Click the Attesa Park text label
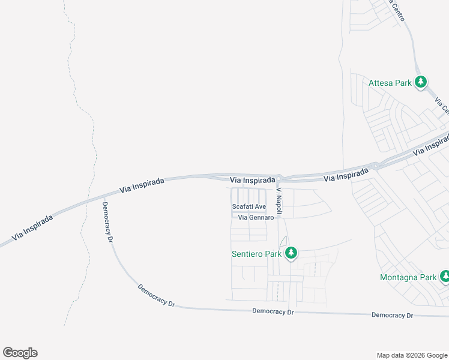(390, 83)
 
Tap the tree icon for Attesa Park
(421, 82)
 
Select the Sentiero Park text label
(256, 254)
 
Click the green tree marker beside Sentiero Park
(291, 253)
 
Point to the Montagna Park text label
(408, 277)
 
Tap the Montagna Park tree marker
(445, 277)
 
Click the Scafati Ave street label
(249, 207)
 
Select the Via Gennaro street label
(256, 218)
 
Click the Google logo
(20, 353)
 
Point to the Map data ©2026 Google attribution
(411, 355)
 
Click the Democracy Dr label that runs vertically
(108, 221)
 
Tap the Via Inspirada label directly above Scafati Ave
(253, 179)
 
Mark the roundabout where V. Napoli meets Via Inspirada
(280, 178)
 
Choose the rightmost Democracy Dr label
(393, 315)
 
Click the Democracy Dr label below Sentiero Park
(273, 311)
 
